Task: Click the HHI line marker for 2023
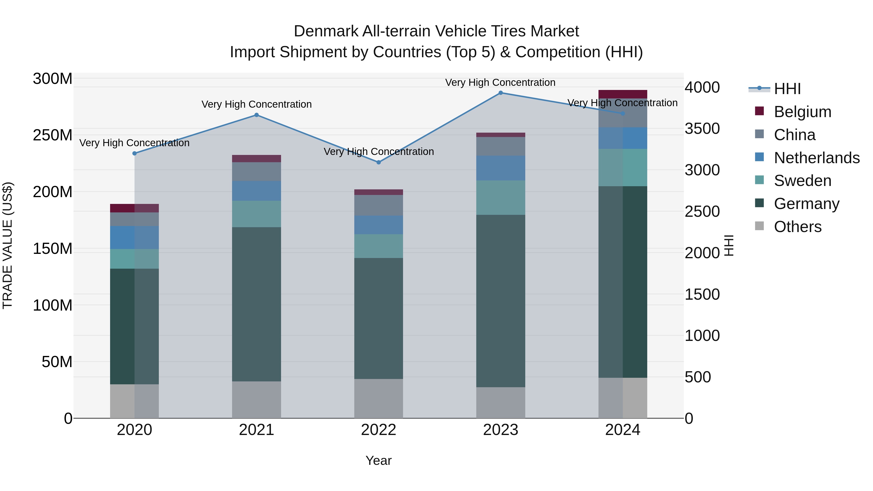(x=501, y=93)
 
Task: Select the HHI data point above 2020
(x=135, y=153)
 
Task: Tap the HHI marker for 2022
(x=379, y=162)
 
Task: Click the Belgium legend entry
(x=802, y=112)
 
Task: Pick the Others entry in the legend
(x=797, y=227)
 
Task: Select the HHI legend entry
(x=787, y=89)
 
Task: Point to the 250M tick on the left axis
(x=53, y=135)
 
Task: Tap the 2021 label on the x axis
(x=257, y=430)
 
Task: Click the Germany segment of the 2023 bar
(x=501, y=301)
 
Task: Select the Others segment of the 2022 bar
(x=379, y=398)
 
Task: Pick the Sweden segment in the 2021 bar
(x=257, y=214)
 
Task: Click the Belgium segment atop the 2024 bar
(x=622, y=94)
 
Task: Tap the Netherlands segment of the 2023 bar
(x=501, y=168)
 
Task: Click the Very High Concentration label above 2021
(x=257, y=104)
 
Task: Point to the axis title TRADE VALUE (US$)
(x=8, y=245)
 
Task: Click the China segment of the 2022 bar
(x=379, y=205)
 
